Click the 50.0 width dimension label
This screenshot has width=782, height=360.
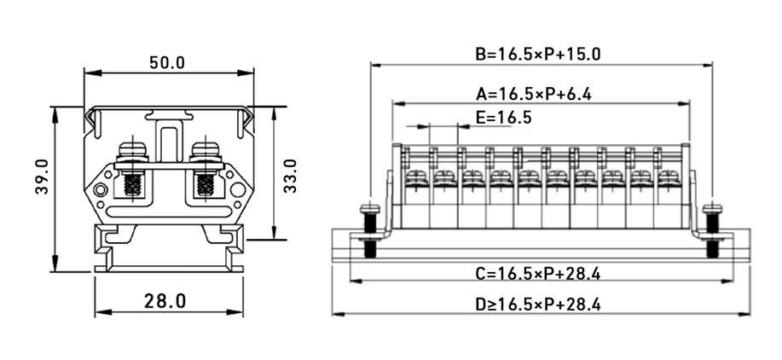click(167, 63)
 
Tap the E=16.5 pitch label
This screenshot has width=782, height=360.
click(503, 118)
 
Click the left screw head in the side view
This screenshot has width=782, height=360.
click(130, 151)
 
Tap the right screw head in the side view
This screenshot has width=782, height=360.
click(206, 151)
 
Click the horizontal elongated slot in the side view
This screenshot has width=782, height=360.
click(168, 206)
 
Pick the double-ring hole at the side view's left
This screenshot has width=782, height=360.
click(101, 190)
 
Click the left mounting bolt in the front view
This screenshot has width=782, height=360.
click(369, 230)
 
